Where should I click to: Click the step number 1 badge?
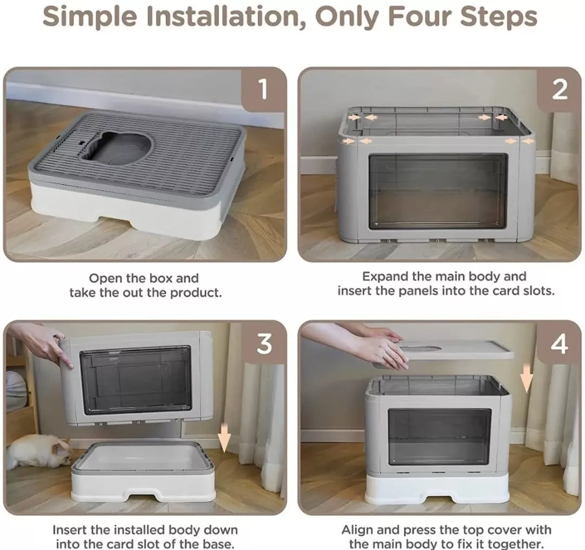point(264,89)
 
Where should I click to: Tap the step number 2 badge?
point(559,89)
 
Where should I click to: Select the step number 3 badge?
point(264,344)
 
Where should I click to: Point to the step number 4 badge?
point(559,344)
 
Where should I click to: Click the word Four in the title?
point(419,17)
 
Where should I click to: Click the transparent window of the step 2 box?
point(438,191)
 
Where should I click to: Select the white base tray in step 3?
point(143,472)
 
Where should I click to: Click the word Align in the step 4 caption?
point(358,530)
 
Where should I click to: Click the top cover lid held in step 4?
point(455,350)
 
